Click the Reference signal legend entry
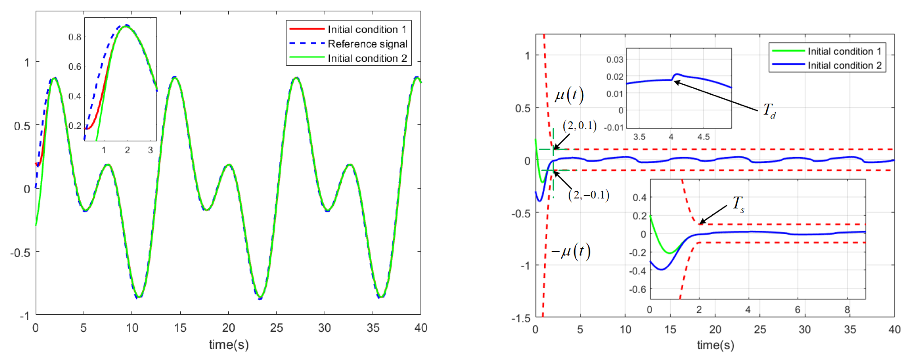[x=367, y=44]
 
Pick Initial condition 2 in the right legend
[x=844, y=65]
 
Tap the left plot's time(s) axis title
[x=229, y=345]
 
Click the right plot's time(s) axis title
[x=715, y=345]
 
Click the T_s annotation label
[x=738, y=204]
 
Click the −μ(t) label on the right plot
[x=571, y=251]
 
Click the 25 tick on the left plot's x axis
[x=276, y=328]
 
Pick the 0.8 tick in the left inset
[x=75, y=37]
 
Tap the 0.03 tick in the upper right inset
[x=615, y=59]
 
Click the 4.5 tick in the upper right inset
[x=703, y=137]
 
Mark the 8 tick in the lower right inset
[x=847, y=310]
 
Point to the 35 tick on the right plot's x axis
[x=849, y=329]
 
